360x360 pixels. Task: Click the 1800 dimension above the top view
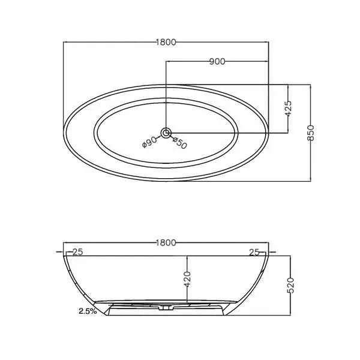(x=166, y=42)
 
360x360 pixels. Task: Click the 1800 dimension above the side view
(x=166, y=242)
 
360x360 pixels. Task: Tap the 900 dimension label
(x=217, y=62)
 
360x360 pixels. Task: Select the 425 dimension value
(x=288, y=109)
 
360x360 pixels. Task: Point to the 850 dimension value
(x=310, y=133)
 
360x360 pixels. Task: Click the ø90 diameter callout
(x=149, y=142)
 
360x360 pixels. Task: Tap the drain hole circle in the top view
(x=166, y=133)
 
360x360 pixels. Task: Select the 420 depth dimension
(x=187, y=279)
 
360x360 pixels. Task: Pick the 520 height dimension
(x=290, y=286)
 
